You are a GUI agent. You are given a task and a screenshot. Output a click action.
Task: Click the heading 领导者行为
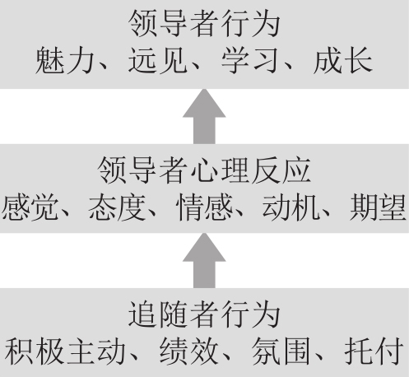(204, 23)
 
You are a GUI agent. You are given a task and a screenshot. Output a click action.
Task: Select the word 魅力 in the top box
(65, 61)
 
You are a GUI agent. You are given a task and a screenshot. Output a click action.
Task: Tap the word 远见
(158, 61)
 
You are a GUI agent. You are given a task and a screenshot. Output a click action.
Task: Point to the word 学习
(250, 61)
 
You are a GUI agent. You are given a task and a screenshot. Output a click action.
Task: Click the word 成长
(343, 61)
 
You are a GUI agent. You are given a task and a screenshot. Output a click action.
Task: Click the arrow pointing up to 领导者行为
(204, 116)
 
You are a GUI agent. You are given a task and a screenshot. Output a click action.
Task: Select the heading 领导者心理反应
(204, 170)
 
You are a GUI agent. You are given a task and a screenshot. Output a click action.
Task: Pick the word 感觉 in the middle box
(30, 207)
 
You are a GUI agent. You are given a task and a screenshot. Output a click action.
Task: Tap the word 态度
(117, 207)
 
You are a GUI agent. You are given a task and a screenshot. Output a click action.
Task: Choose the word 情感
(204, 207)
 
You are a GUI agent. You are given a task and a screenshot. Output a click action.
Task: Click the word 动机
(291, 207)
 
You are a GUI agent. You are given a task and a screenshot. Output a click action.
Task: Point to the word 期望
(378, 207)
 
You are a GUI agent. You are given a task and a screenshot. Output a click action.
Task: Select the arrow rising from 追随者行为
(204, 260)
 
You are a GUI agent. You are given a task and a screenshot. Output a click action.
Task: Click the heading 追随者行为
(204, 314)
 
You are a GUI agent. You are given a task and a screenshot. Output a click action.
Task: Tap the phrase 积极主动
(65, 351)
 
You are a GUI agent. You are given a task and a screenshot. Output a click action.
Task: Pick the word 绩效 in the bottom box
(189, 351)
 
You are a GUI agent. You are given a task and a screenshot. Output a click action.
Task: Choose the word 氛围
(281, 351)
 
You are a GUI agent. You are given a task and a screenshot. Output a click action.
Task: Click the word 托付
(374, 351)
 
